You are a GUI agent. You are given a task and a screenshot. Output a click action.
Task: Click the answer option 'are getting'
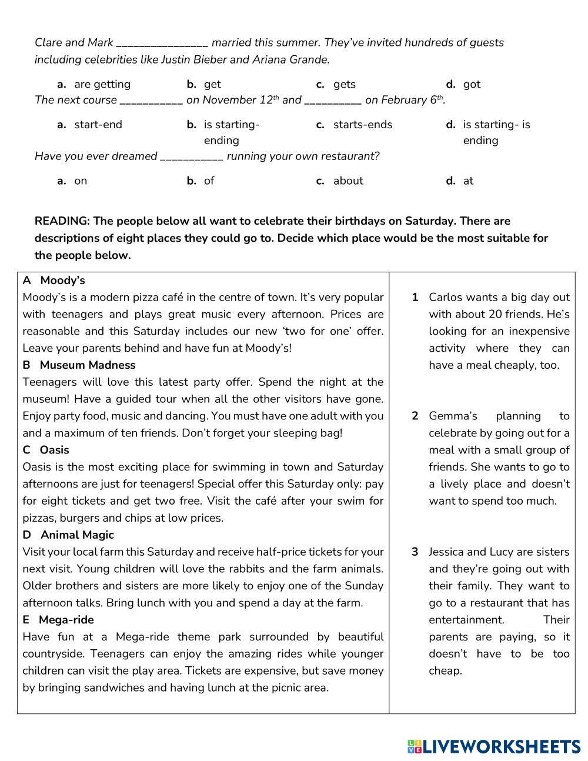coord(102,84)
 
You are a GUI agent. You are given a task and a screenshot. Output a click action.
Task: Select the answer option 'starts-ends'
coord(362,125)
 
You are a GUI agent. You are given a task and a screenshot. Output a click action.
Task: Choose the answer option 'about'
coord(348,181)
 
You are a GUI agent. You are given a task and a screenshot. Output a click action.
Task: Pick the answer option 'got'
coord(472,84)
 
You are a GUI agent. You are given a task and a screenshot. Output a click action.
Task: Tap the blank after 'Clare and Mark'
coord(162,43)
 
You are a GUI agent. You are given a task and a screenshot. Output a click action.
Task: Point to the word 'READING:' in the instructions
coord(62,221)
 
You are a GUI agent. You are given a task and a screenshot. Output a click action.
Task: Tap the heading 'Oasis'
coord(54,450)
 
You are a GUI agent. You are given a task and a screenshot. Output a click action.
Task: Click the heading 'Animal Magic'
coord(77,535)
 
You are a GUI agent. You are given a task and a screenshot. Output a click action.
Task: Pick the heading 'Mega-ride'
coord(66,620)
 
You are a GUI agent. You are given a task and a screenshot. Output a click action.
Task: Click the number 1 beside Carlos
coord(415,298)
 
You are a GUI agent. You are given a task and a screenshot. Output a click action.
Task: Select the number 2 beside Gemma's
coord(415,416)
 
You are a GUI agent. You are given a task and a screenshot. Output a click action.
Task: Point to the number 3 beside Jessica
coord(415,552)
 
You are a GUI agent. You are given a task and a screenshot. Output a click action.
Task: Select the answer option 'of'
coord(209,181)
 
